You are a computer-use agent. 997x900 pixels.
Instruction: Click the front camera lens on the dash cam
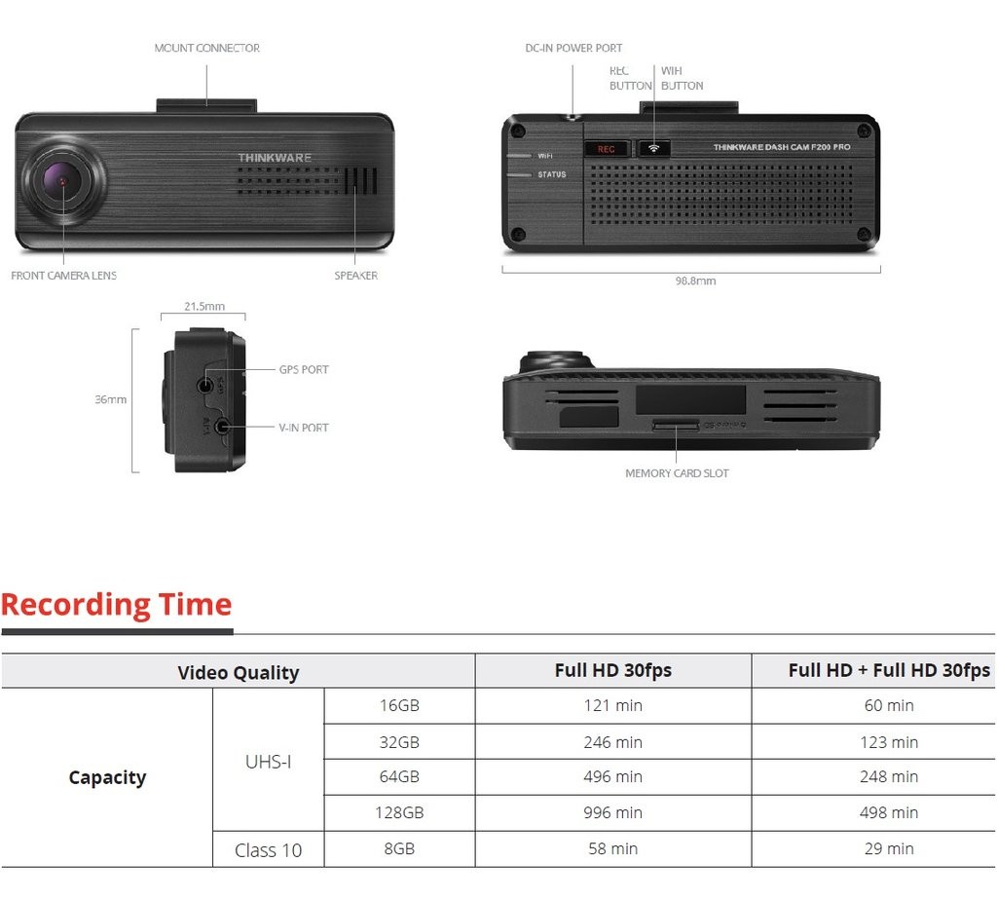click(60, 182)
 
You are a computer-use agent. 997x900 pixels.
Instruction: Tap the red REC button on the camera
click(607, 149)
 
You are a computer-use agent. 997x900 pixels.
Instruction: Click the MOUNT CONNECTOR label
click(206, 48)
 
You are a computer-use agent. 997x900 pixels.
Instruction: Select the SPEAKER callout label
click(355, 276)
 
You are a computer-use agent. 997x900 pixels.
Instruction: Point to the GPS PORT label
click(304, 370)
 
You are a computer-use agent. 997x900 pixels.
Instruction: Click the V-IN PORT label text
click(304, 428)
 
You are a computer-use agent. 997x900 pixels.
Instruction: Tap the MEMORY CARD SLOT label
click(677, 473)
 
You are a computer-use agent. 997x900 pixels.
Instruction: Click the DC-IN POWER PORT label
click(573, 48)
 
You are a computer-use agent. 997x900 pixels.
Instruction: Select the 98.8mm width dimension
click(695, 281)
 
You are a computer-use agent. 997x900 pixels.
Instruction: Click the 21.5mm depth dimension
click(204, 306)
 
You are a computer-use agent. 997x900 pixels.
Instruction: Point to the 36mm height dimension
click(110, 399)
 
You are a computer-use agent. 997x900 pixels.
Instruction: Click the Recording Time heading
click(117, 605)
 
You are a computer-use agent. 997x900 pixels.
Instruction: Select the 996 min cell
click(612, 812)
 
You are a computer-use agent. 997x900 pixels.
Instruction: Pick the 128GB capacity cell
click(399, 812)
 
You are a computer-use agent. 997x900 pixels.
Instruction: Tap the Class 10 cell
click(268, 850)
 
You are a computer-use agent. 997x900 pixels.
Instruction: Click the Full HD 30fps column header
click(612, 670)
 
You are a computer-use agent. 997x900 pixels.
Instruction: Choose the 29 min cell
click(888, 848)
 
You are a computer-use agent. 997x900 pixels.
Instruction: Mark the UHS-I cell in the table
click(268, 761)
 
